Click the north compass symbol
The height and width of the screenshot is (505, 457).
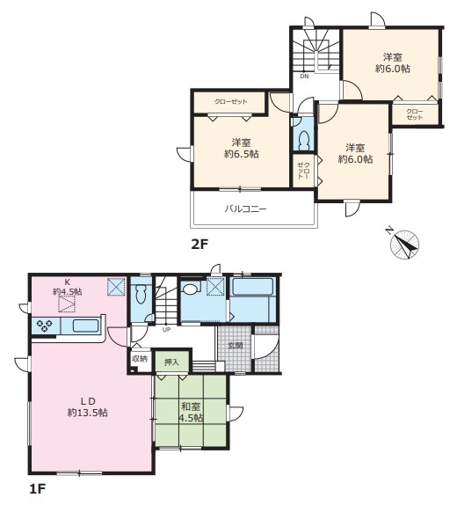tap(404, 244)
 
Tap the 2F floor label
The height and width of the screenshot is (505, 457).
tap(199, 245)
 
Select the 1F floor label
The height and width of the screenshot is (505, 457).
tap(37, 490)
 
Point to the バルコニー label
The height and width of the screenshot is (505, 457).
tap(245, 209)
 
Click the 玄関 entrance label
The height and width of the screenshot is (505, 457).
tap(236, 346)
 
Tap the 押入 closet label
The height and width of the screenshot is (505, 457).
tap(171, 362)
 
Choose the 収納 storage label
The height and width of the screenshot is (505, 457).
tap(140, 359)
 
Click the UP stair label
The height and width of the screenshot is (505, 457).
tap(167, 329)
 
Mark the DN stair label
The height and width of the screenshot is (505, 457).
tap(304, 77)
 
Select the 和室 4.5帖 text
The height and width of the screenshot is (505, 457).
tap(191, 412)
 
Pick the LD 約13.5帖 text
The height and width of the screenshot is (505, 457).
tap(88, 407)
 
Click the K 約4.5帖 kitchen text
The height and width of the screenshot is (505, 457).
tap(68, 287)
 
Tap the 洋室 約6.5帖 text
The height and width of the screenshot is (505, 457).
tap(242, 148)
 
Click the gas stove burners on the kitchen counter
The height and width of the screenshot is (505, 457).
tap(44, 326)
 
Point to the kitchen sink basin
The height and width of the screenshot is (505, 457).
tap(85, 326)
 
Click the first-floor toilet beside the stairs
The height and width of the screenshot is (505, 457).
tap(141, 294)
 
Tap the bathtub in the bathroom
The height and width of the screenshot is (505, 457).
tap(252, 286)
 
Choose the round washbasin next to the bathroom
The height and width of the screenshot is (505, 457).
tap(190, 288)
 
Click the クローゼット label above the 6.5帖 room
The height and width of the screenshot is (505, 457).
tap(231, 102)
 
